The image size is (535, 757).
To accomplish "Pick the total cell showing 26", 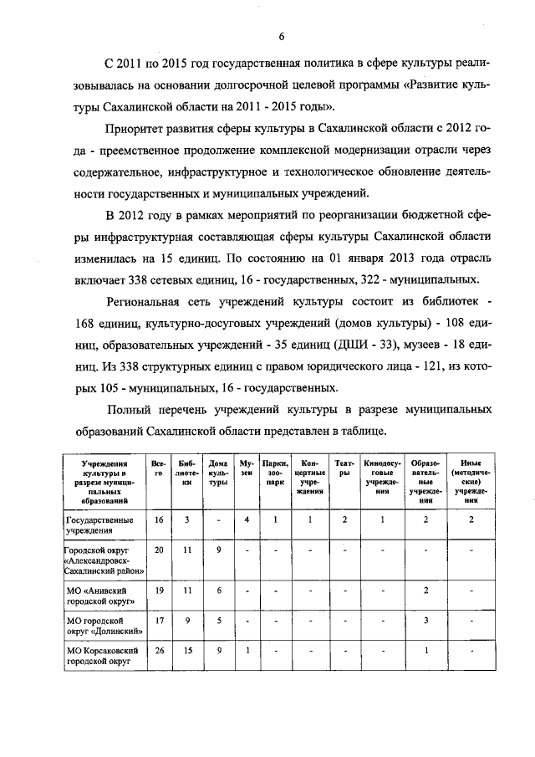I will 159,650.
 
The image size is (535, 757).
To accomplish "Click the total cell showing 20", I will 159,550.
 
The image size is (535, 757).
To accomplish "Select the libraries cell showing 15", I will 188,650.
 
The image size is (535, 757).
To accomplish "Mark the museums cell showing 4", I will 246,519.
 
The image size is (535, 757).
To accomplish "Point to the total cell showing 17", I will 159,620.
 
